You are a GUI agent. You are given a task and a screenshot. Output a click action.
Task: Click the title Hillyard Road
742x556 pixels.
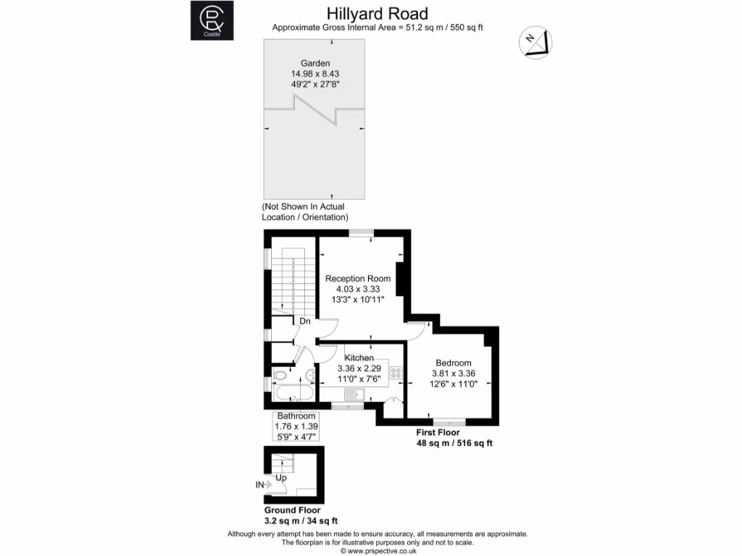pos(377,13)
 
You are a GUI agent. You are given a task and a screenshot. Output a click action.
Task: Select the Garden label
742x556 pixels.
pos(315,63)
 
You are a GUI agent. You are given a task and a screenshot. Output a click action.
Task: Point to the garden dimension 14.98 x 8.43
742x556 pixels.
pos(315,73)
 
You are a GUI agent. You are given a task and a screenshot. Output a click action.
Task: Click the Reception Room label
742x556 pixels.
pos(357,278)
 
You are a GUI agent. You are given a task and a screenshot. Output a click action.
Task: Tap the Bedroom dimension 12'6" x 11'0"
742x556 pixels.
pos(453,384)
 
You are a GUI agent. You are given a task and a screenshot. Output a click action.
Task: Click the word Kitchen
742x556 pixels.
pos(359,358)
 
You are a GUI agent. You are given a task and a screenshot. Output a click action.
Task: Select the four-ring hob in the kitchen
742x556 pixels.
pos(396,373)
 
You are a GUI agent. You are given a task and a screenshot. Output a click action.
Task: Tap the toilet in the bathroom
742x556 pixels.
pos(279,375)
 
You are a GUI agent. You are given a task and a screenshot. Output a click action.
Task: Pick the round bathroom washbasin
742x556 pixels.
pos(309,374)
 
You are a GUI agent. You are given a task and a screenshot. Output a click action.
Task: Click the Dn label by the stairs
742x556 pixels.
pos(305,321)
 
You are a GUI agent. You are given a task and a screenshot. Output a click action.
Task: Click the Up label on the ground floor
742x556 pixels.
pos(280,479)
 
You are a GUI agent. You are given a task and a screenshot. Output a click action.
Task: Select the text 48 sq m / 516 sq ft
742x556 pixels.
pos(454,442)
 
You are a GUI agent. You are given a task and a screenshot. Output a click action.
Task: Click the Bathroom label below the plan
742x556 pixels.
pos(296,416)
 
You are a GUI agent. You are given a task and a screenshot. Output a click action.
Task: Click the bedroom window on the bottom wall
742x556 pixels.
pos(449,421)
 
